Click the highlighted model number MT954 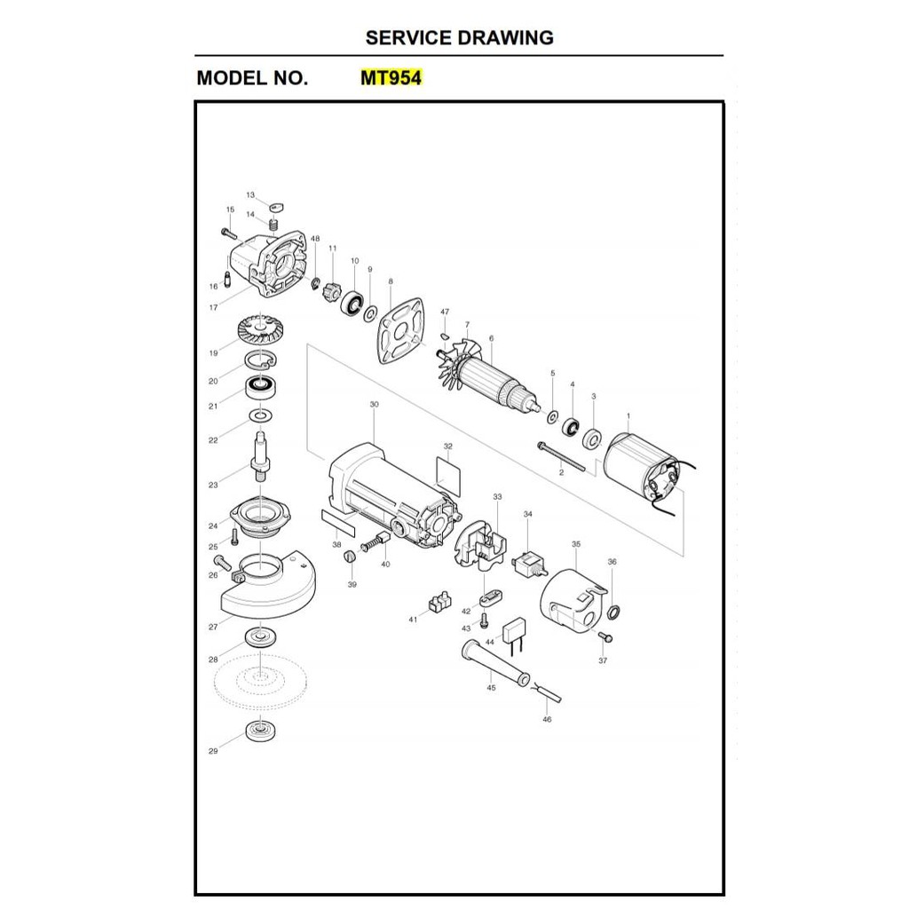(x=391, y=78)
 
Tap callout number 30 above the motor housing (x=375, y=405)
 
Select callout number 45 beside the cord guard (x=491, y=688)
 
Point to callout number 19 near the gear (x=213, y=353)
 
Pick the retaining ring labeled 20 (x=260, y=360)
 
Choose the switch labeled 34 (x=530, y=564)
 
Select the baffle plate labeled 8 (x=400, y=330)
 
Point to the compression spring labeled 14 (x=275, y=225)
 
